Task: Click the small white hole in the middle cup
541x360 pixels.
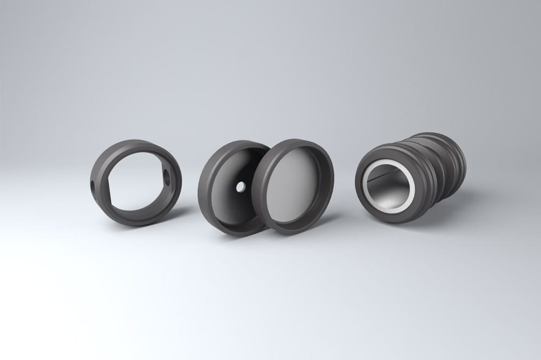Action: click(240, 186)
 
